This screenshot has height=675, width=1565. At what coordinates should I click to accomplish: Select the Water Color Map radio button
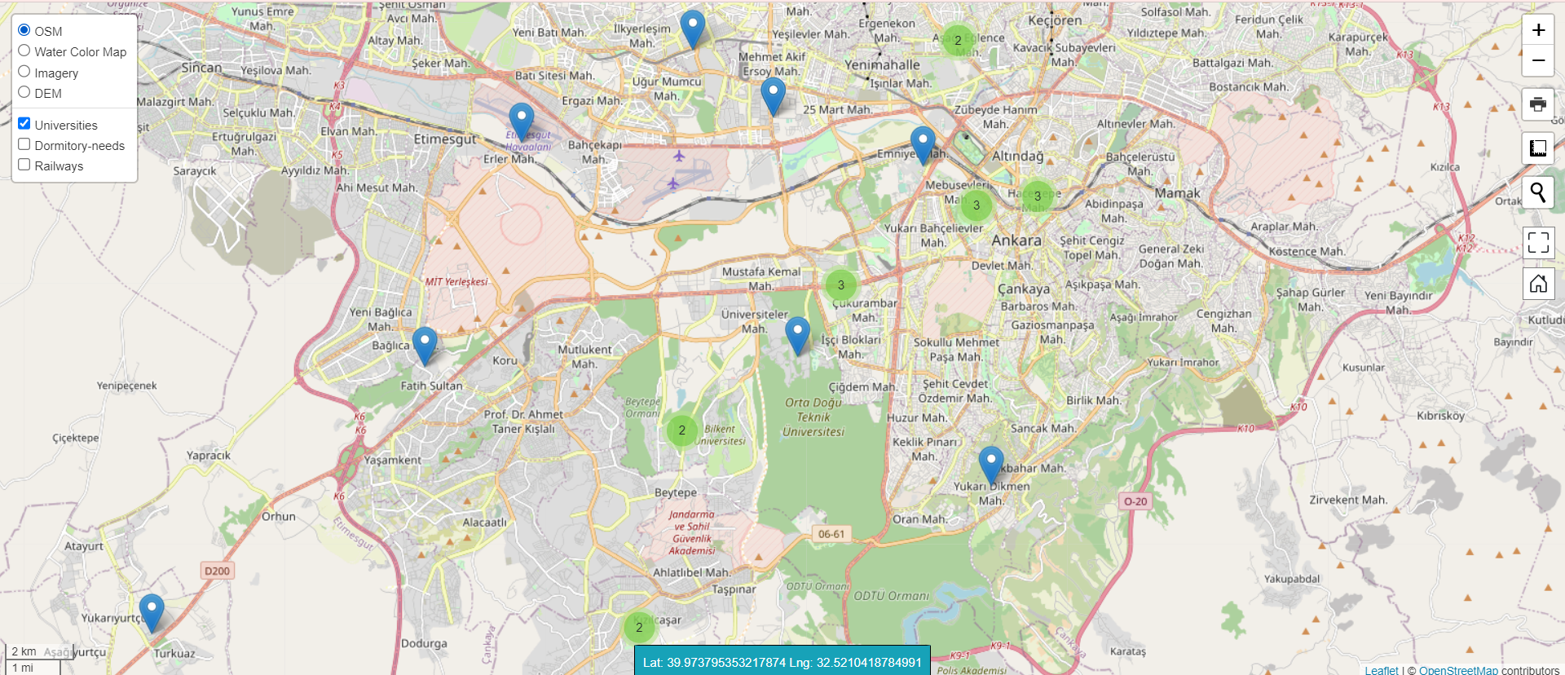pos(24,51)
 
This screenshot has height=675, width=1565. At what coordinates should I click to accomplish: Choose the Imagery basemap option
pos(24,72)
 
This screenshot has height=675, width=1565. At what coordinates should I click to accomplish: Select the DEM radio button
pos(24,92)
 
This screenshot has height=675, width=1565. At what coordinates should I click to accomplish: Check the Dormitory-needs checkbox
pos(24,144)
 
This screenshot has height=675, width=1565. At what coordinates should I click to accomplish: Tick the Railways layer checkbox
pos(24,165)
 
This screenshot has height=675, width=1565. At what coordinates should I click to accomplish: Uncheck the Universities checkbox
pos(24,124)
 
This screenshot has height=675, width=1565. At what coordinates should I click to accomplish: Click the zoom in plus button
pos(1538,30)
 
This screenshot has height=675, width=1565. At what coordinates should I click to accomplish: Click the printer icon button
pos(1538,104)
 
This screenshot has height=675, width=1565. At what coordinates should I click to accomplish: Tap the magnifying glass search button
pos(1538,192)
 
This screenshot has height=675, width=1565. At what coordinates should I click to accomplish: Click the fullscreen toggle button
pos(1538,242)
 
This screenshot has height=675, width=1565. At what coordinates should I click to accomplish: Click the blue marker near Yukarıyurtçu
pos(152,611)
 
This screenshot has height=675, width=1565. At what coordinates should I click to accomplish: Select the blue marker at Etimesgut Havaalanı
pos(522,121)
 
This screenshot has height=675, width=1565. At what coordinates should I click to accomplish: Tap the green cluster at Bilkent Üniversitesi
pos(682,430)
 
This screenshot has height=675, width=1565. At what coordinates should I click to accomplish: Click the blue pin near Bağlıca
pos(425,344)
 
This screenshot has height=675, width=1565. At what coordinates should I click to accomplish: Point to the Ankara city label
pos(1016,240)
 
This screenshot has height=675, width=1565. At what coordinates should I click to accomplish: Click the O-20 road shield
pos(1135,501)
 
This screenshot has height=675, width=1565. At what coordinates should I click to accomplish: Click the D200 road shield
pos(217,571)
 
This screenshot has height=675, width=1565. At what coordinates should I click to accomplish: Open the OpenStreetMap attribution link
pos(1457,670)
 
